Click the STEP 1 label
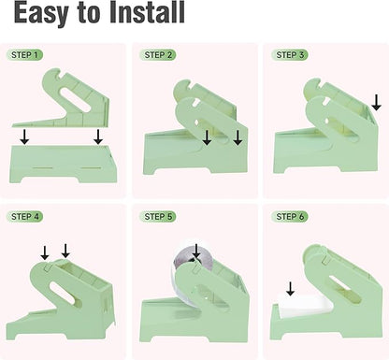coord(24,55)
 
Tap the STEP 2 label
coord(158,55)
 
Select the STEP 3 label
coord(290,55)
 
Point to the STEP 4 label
coord(25,217)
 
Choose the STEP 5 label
coord(158,217)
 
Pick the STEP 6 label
coord(290,217)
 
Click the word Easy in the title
coord(40,13)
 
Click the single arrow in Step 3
coord(377,102)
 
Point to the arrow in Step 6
coord(290,289)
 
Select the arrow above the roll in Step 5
coord(196,252)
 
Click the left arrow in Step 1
coord(24,137)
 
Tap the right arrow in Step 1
coord(98,137)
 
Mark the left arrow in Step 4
coord(45,252)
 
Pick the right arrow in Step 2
coord(238,137)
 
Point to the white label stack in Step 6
coord(304,305)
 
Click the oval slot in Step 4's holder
coord(63,293)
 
